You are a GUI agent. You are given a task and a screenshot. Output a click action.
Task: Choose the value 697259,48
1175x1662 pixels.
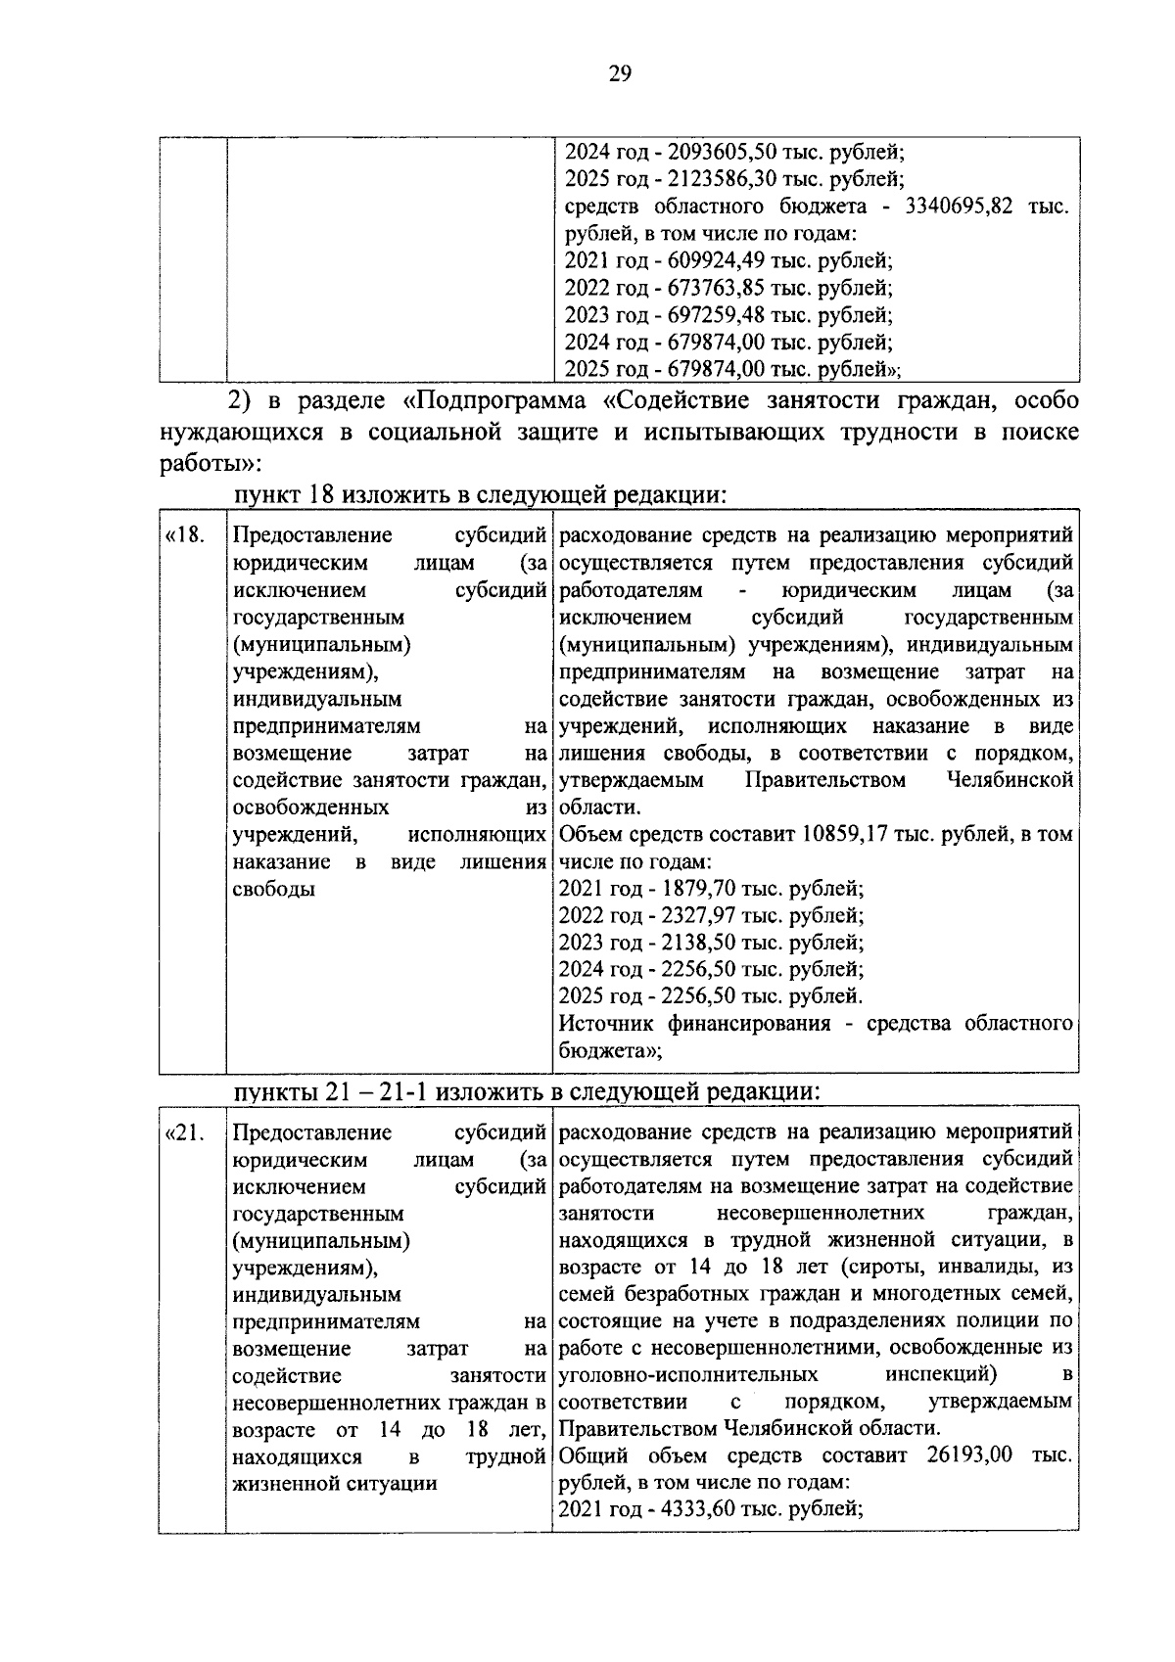tap(718, 315)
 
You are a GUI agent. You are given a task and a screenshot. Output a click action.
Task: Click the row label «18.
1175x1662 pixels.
tap(186, 535)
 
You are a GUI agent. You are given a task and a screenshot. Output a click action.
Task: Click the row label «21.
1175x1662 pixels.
tap(186, 1132)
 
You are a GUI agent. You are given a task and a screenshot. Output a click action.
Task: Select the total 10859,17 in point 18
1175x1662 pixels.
tap(847, 835)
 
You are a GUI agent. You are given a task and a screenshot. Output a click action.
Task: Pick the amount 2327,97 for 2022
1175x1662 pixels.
tap(697, 916)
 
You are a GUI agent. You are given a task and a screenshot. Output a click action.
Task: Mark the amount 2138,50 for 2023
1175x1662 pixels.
tap(697, 943)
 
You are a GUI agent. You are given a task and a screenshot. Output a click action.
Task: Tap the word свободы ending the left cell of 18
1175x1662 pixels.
tap(274, 890)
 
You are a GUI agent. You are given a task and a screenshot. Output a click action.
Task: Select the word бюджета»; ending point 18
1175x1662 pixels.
tap(610, 1051)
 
